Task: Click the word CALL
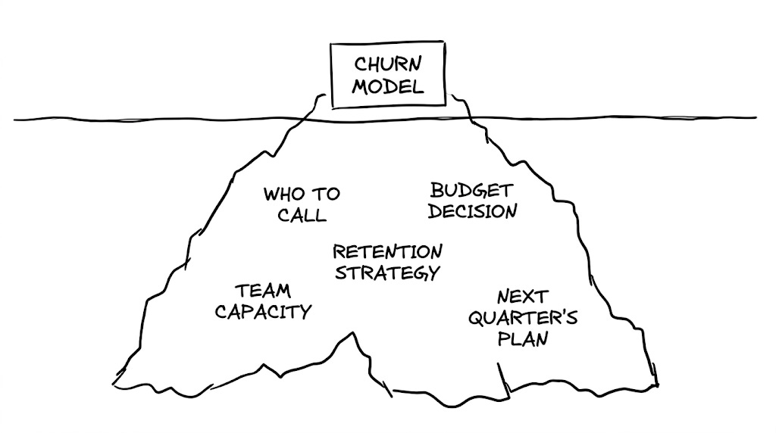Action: click(x=302, y=215)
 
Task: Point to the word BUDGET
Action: click(x=471, y=191)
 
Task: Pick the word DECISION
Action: click(x=472, y=210)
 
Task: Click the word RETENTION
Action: click(x=387, y=251)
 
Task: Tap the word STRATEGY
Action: click(x=387, y=272)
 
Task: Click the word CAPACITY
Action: click(x=263, y=311)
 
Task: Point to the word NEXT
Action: click(x=521, y=297)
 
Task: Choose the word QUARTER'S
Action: click(x=522, y=317)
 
